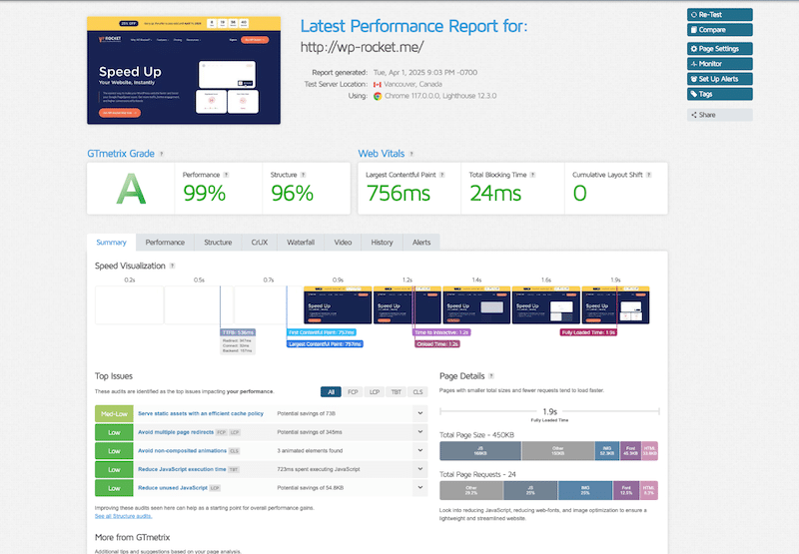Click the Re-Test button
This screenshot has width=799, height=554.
719,15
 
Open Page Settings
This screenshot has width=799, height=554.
719,49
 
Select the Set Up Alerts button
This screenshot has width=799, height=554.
719,79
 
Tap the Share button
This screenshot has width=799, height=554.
719,115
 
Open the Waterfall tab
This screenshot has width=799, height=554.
301,243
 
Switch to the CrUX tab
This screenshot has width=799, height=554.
260,243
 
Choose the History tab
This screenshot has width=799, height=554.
382,243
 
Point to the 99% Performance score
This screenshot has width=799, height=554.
205,194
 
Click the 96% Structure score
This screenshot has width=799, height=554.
292,194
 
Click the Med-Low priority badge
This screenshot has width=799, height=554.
114,413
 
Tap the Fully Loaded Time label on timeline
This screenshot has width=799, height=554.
588,332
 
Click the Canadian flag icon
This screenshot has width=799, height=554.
378,85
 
